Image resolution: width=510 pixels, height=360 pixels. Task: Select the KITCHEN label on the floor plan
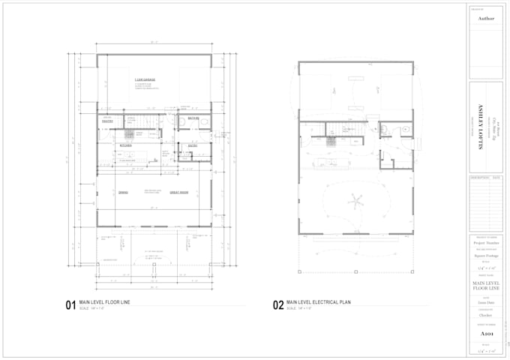click(126, 145)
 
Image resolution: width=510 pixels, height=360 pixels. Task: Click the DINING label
click(124, 192)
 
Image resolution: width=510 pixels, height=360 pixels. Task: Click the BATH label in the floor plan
click(193, 118)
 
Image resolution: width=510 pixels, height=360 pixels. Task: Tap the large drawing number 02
click(277, 305)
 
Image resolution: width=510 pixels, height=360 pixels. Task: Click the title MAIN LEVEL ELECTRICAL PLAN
click(320, 302)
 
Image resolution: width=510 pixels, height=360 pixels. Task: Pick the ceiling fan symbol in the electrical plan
click(355, 199)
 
